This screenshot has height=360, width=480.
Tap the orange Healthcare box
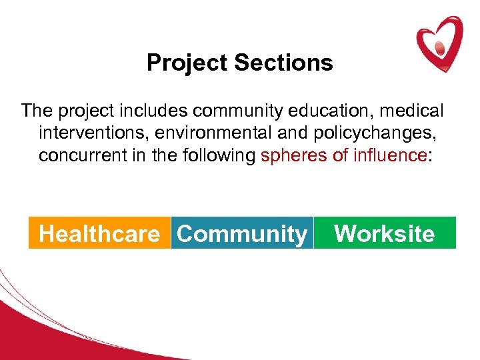pos(99,233)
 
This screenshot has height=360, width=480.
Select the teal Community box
pos(242,233)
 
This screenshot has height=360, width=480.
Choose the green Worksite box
pos(385,233)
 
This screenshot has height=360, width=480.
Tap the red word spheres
pos(291,156)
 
